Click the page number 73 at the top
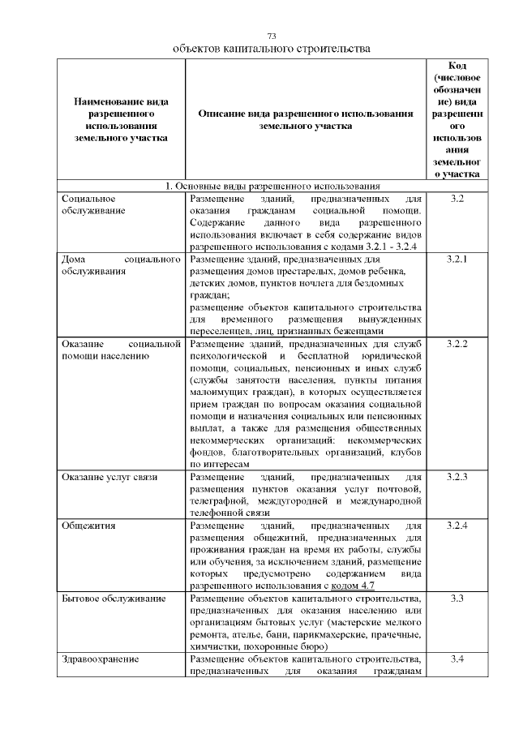pos(272,36)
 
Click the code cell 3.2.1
pos(457,260)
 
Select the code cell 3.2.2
pos(457,344)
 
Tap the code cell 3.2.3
pos(457,475)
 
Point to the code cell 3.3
pos(457,599)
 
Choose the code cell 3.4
pos(457,659)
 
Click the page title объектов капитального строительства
pos(272,49)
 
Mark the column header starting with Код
pos(457,119)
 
